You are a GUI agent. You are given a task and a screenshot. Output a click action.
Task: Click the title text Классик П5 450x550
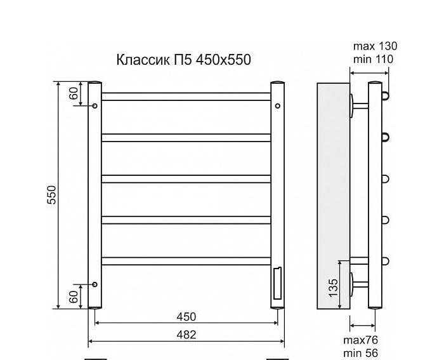tap(183, 60)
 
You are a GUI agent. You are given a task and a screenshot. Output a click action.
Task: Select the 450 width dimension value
tap(186, 317)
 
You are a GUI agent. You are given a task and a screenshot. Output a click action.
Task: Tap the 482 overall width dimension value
tap(186, 334)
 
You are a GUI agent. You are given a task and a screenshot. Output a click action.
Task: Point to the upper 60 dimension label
tap(74, 93)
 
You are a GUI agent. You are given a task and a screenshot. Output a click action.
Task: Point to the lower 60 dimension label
tap(74, 296)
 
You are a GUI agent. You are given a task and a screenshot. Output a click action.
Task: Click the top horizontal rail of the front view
tap(186, 97)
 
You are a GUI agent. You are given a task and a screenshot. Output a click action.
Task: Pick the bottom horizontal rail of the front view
tap(186, 260)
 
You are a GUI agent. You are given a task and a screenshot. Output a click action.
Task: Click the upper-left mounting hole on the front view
tap(95, 106)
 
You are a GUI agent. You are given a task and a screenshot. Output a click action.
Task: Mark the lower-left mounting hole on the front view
tap(95, 284)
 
